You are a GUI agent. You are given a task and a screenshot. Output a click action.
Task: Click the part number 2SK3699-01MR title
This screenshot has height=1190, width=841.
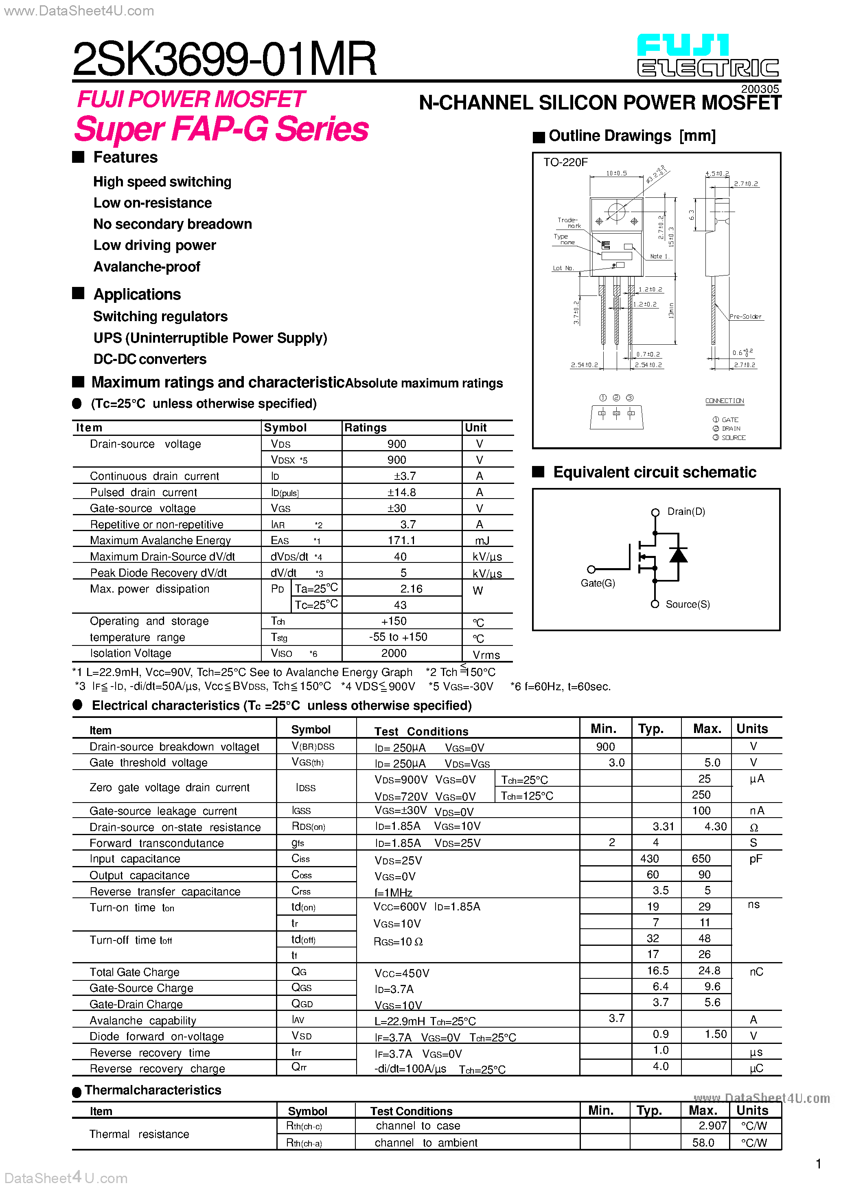(x=224, y=59)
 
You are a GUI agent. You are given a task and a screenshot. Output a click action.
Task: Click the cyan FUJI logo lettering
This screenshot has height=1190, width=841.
(x=682, y=46)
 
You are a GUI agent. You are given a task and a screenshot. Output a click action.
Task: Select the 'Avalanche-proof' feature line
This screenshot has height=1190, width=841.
(x=147, y=267)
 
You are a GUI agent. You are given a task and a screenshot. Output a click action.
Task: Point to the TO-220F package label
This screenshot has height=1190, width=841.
(x=565, y=162)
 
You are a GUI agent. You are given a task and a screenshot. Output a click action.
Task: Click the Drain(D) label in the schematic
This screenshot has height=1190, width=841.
(x=686, y=512)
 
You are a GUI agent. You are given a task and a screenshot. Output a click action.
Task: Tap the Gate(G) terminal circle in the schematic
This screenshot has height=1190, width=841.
(x=591, y=569)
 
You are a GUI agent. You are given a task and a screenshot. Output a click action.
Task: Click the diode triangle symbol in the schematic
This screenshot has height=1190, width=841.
(x=678, y=555)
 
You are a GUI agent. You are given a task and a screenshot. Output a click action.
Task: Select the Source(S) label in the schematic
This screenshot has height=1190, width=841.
(x=688, y=604)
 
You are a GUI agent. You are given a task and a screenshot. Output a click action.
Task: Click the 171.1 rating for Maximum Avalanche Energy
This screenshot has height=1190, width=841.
(x=401, y=540)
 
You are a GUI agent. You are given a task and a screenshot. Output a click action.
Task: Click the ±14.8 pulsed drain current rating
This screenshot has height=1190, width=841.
(x=401, y=492)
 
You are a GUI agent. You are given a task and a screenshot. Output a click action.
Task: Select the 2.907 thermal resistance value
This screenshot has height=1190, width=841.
(x=712, y=1126)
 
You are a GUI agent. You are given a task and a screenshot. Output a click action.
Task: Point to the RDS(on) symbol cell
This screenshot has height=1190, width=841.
(x=308, y=827)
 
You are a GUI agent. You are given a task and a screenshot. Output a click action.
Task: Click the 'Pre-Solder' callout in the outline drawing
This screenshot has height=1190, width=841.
(x=745, y=317)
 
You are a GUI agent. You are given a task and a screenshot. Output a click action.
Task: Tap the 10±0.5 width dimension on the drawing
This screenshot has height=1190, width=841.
(x=616, y=173)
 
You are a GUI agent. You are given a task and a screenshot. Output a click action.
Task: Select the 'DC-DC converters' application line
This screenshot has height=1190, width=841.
(x=150, y=359)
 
